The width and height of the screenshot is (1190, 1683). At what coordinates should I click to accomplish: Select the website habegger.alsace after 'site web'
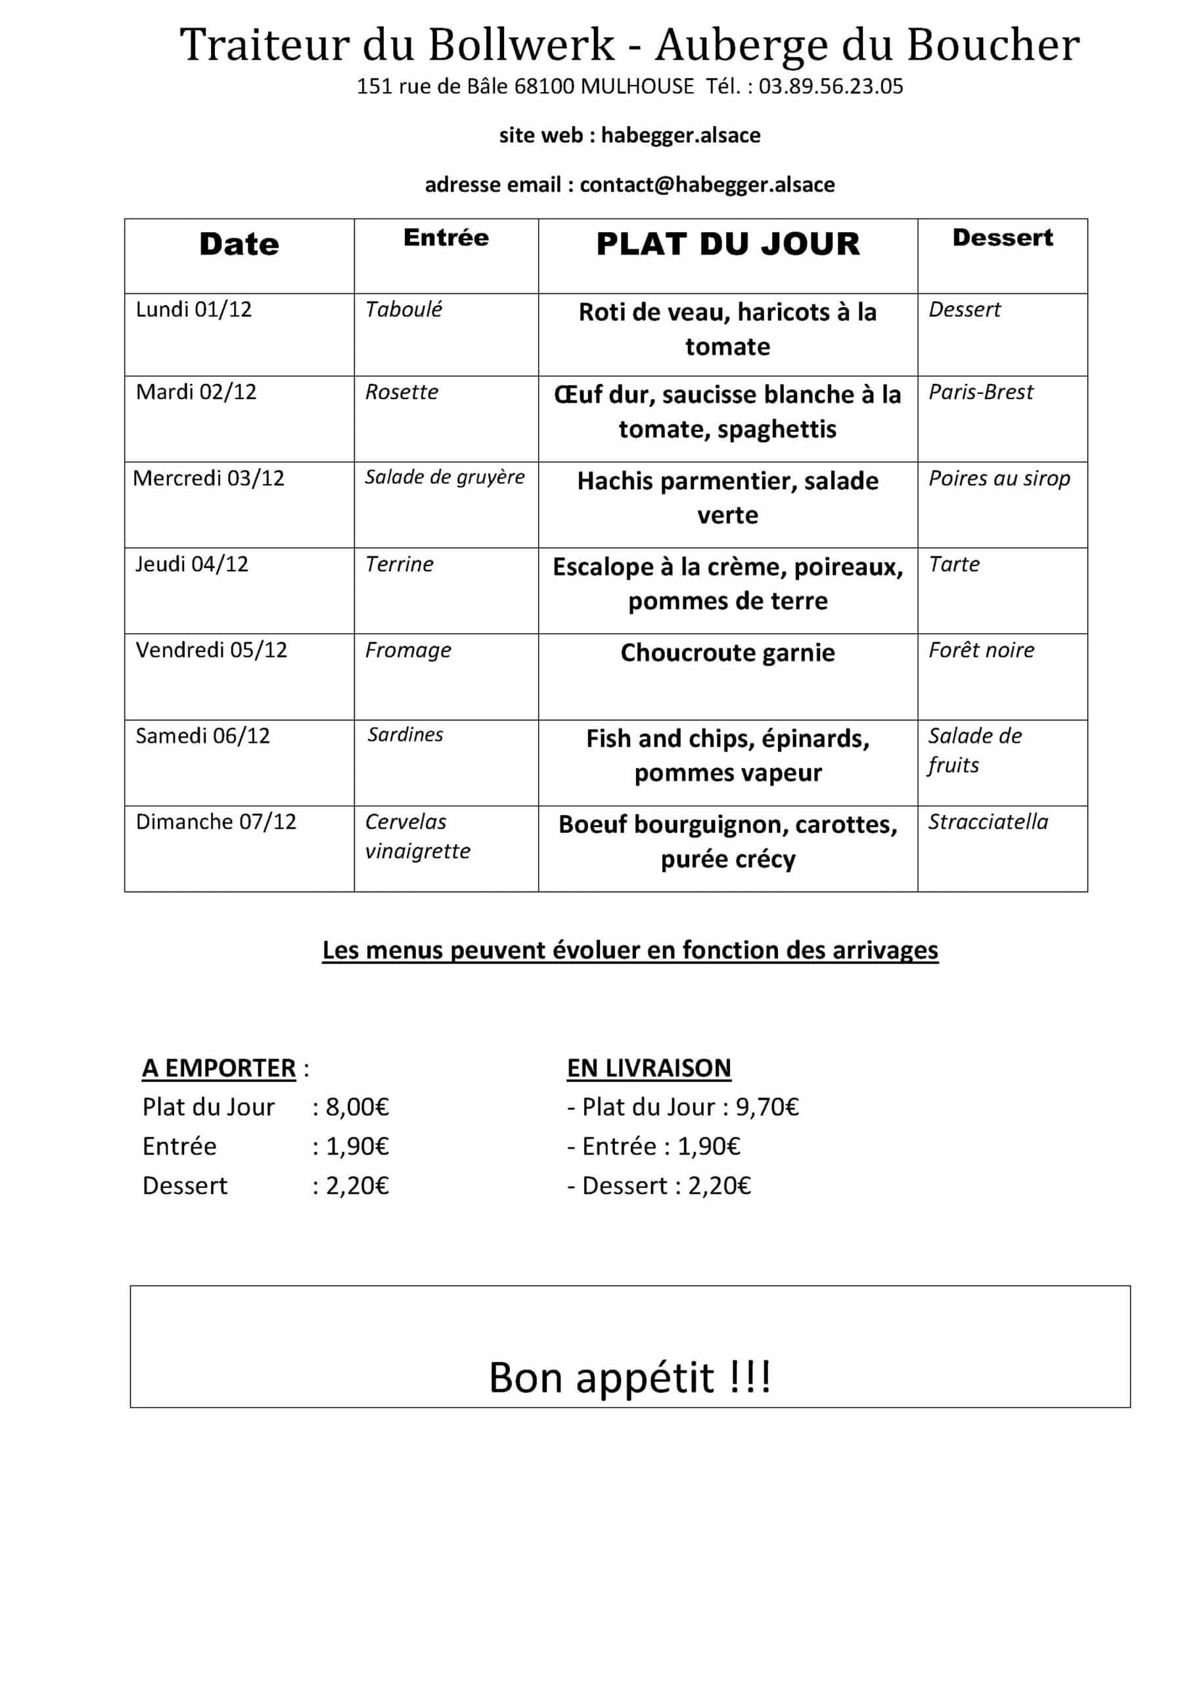[680, 135]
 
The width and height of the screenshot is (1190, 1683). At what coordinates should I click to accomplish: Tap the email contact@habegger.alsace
[707, 184]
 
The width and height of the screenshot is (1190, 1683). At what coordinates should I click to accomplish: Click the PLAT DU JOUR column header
[727, 244]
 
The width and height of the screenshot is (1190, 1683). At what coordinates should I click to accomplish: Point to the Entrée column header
[446, 237]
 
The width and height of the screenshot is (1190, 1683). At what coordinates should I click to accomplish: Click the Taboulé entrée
[403, 310]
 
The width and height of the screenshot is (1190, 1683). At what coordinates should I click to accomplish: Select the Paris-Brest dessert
[980, 392]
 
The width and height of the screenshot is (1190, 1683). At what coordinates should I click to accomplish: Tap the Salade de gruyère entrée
[445, 477]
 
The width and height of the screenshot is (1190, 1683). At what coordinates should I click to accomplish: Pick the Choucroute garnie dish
[727, 652]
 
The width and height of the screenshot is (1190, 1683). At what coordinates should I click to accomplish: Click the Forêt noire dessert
[981, 650]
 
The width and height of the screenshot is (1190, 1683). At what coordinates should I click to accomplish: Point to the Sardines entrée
[405, 734]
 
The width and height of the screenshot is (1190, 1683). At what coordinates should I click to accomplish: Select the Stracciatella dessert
[988, 822]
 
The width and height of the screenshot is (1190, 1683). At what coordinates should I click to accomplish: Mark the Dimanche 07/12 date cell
[216, 822]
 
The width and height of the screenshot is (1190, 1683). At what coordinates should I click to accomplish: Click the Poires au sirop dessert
[999, 478]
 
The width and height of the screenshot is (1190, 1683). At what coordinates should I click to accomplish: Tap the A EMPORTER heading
[219, 1068]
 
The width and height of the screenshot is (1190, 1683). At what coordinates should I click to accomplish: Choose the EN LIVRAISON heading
[649, 1068]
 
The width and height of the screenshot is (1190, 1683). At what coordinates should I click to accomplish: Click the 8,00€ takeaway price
[357, 1107]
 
